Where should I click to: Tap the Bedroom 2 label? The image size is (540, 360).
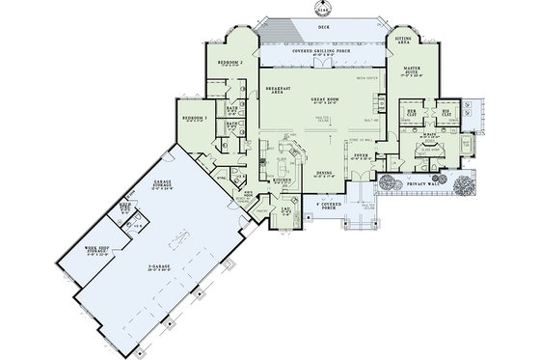point(229,60)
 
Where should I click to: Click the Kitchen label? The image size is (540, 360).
point(282,180)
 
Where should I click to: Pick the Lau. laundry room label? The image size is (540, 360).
point(286,209)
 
